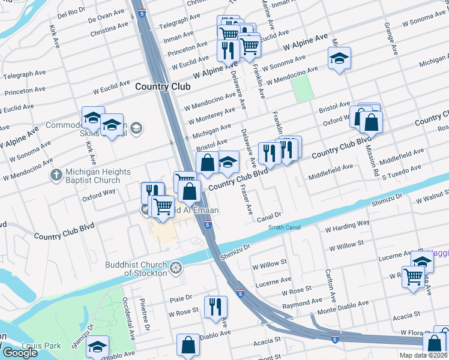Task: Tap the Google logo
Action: [x=20, y=352]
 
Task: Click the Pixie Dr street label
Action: [x=180, y=298]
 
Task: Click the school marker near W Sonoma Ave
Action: [x=339, y=59]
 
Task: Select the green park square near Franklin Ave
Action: [x=303, y=89]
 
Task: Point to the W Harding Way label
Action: [x=348, y=226]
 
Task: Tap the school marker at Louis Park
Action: [x=97, y=346]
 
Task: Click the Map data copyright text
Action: [x=423, y=355]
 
